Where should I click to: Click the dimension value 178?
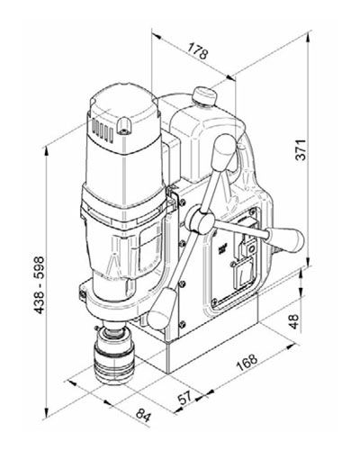(198, 51)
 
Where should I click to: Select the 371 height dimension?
(301, 149)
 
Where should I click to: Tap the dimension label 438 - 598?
(39, 285)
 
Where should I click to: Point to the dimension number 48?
(294, 321)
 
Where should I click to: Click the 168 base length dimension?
(247, 363)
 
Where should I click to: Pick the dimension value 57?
(184, 399)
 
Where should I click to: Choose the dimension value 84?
(143, 415)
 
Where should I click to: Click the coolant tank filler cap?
(205, 96)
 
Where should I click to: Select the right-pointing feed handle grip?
(285, 238)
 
